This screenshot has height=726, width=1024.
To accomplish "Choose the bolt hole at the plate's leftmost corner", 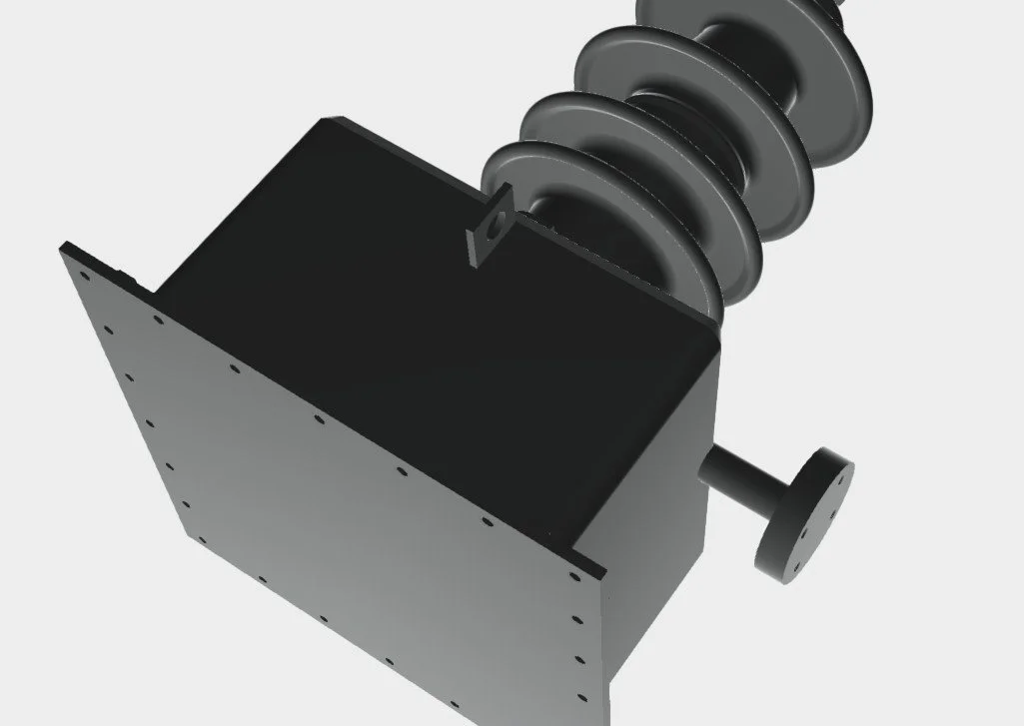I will pyautogui.click(x=85, y=278).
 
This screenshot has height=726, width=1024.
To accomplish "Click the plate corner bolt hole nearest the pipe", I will pyautogui.click(x=575, y=577).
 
